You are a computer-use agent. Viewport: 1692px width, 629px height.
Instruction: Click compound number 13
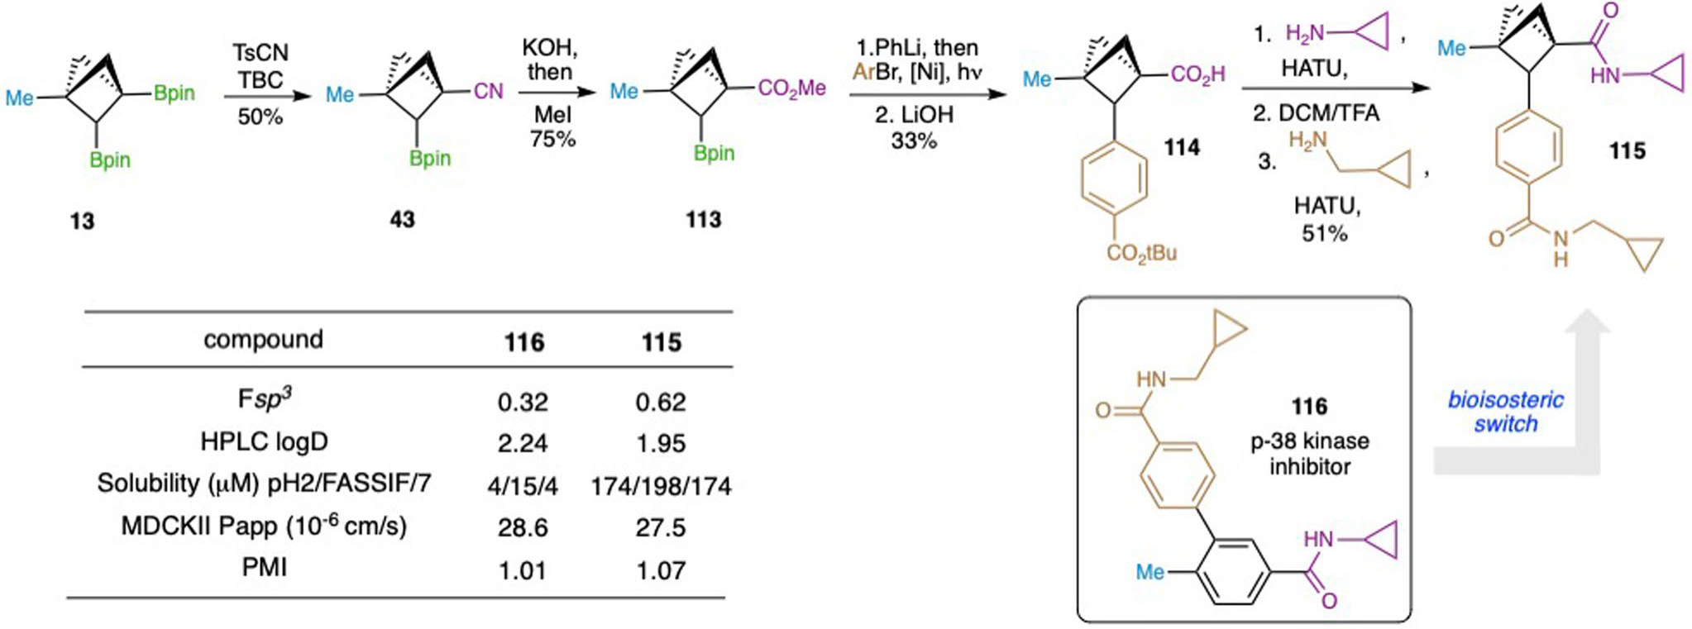coord(82,221)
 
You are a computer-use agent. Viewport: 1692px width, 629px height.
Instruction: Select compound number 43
coord(403,219)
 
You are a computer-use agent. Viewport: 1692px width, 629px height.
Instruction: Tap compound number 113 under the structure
coord(703,219)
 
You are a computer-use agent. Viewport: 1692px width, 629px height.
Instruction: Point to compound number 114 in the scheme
coord(1182,147)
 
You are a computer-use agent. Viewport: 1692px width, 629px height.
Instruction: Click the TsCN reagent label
coord(260,53)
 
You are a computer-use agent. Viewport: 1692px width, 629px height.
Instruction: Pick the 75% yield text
coord(552,139)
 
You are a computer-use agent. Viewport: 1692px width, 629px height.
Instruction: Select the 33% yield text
coord(914,141)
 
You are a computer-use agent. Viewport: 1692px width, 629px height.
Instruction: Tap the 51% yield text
coord(1325,234)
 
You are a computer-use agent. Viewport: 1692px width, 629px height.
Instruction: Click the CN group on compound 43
coord(488,91)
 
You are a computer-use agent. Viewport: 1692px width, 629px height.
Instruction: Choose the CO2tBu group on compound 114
coord(1141,253)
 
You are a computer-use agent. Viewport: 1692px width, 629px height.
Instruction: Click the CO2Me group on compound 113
coord(791,88)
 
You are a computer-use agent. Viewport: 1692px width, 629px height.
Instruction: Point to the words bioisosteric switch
coord(1505,412)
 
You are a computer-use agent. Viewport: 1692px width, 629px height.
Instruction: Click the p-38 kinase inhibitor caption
coord(1309,453)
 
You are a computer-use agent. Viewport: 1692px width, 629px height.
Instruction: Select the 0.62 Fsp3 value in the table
coord(661,403)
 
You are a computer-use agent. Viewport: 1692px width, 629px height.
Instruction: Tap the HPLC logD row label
coord(264,442)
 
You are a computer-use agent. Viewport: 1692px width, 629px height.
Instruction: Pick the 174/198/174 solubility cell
coord(661,486)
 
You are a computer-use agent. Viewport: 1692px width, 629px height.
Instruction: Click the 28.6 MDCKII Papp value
coord(523,527)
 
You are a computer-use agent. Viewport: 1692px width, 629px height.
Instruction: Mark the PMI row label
coord(264,568)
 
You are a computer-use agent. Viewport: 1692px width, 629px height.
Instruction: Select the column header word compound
coord(263,340)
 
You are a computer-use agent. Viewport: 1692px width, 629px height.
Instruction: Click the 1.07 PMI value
coord(661,570)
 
